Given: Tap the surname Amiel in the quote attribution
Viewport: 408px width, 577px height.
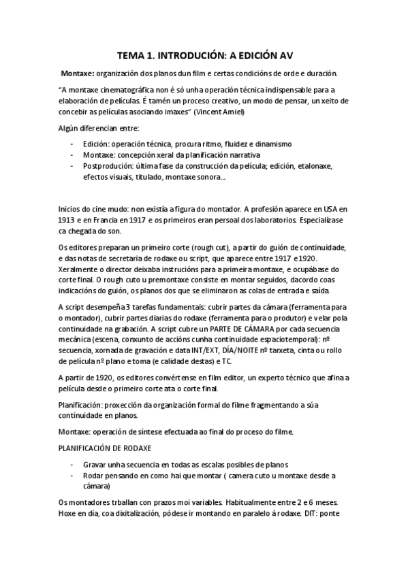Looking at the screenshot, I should pos(230,111).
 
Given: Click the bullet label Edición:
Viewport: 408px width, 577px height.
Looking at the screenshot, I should pos(97,144).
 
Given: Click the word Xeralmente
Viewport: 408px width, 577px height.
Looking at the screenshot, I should pos(82,269).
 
